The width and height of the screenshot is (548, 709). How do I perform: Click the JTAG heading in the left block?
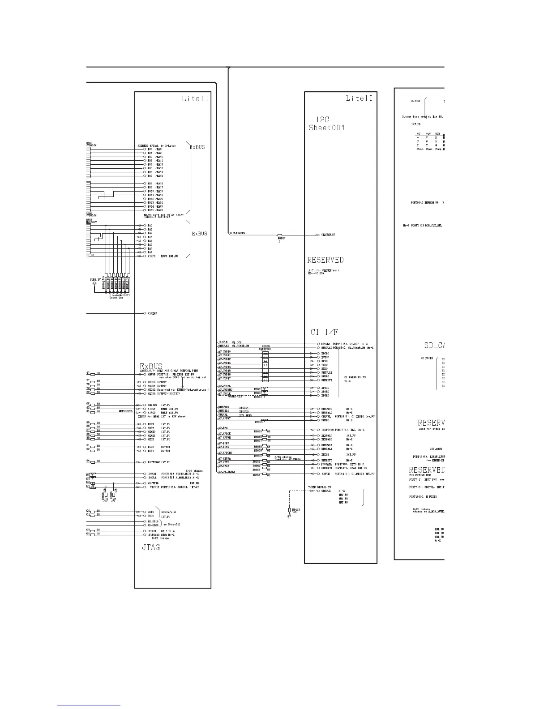151,547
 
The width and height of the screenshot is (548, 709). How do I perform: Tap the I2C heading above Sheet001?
323,120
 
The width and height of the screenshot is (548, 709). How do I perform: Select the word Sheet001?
327,128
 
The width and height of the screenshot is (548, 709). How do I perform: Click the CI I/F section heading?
324,332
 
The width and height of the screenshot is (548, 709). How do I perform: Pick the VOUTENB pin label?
154,483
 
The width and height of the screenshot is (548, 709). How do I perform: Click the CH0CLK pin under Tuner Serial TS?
326,491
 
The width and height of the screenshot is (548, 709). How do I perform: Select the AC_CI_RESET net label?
227,472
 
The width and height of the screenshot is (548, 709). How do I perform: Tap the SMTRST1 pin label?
328,380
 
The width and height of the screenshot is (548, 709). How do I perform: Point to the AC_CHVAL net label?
224,386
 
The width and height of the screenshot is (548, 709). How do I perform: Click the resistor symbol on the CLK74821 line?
280,235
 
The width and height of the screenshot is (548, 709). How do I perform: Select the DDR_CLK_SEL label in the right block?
432,226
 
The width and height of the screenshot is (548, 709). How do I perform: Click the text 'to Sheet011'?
172,524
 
